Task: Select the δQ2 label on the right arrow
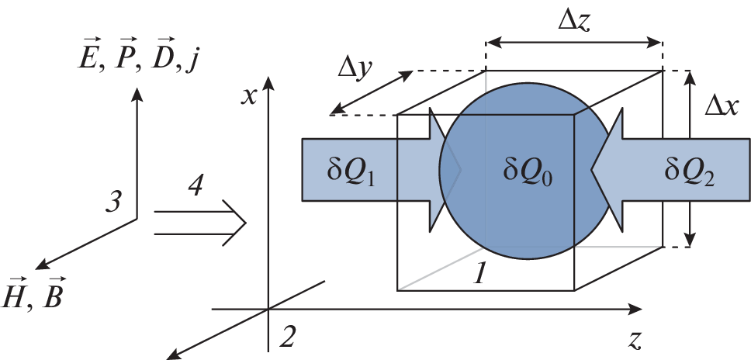(x=690, y=171)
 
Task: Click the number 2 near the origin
(x=289, y=336)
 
